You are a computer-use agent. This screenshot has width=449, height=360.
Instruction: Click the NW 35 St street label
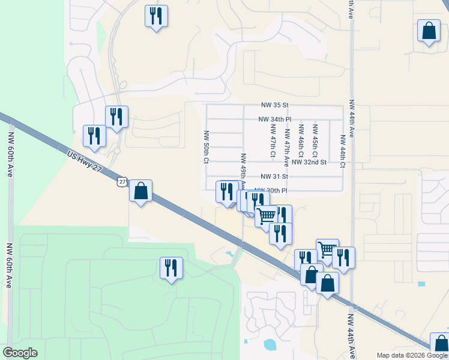tap(274, 105)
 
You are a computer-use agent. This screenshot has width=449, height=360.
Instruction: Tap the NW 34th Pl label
tap(274, 119)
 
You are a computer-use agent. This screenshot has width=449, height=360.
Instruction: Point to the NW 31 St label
tap(274, 176)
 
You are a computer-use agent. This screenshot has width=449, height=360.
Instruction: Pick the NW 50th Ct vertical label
tap(206, 147)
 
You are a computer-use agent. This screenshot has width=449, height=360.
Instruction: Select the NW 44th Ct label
tap(342, 150)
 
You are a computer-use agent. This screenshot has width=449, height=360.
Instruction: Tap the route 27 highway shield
tap(122, 181)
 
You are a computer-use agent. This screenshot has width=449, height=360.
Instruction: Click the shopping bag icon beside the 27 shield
tap(140, 191)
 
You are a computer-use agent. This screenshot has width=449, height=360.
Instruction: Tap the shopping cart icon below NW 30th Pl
tap(267, 215)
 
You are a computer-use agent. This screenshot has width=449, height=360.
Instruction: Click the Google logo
tap(20, 353)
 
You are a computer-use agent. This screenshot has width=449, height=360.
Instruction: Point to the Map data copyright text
tap(411, 355)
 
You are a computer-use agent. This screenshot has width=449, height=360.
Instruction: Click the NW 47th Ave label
tap(287, 147)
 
